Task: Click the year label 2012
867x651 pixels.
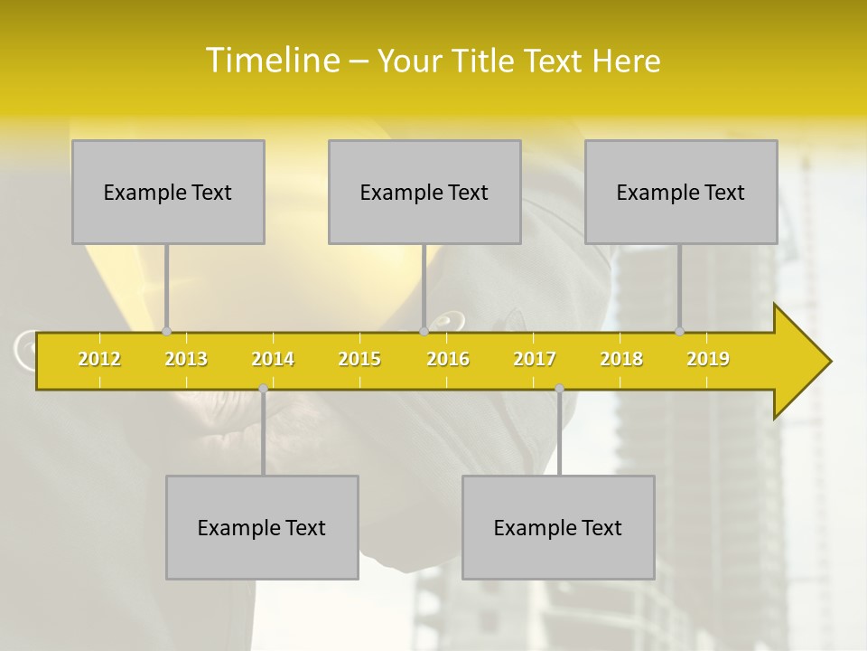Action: (99, 359)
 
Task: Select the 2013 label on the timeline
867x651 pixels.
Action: (186, 359)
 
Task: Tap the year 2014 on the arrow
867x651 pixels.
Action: (273, 359)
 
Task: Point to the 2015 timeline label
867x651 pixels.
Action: (359, 359)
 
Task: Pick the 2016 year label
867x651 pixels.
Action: (448, 359)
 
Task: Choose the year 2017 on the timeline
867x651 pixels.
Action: (535, 359)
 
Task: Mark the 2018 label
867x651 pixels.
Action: (621, 359)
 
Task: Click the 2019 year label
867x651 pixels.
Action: (708, 359)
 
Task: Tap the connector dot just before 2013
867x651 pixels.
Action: (167, 331)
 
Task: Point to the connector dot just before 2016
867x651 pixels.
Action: (424, 331)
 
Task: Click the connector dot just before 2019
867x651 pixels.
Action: (680, 331)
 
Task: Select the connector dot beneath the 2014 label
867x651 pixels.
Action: (263, 389)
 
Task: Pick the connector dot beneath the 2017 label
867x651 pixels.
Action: (559, 389)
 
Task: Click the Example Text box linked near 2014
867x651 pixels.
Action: (262, 527)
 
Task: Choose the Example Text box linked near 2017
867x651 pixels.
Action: (558, 527)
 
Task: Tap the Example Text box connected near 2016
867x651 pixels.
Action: (424, 192)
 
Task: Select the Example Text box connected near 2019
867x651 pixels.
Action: (681, 192)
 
